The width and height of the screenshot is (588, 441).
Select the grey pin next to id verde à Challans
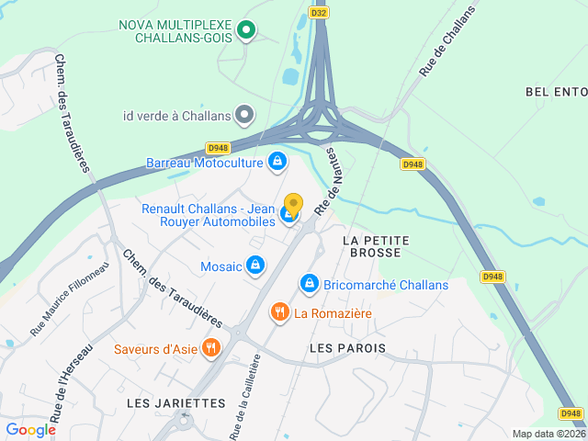click(x=243, y=116)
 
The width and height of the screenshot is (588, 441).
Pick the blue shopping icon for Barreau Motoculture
click(x=277, y=163)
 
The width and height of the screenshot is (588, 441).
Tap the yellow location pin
click(x=293, y=205)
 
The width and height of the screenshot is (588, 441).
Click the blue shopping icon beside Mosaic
click(x=255, y=266)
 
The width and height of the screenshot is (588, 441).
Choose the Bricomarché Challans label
click(x=386, y=285)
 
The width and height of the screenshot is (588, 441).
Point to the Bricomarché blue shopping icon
click(x=310, y=283)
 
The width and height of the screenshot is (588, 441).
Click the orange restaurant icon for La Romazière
click(x=279, y=313)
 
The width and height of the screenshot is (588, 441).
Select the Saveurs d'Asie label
click(x=154, y=349)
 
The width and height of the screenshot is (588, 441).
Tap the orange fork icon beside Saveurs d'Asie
click(x=211, y=348)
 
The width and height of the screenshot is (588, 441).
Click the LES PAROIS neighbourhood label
click(x=347, y=348)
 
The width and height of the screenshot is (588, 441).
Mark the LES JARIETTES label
click(x=176, y=403)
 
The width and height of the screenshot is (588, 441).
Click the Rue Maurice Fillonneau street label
click(x=70, y=299)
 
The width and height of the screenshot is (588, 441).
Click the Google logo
click(x=30, y=429)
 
